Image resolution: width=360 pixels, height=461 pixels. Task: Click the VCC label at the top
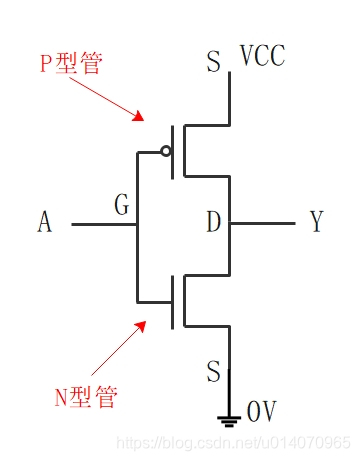[262, 56]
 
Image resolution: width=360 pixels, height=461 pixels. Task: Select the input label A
[44, 223]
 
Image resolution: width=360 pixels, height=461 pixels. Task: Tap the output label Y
[316, 223]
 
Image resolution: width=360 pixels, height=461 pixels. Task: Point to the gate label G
[122, 207]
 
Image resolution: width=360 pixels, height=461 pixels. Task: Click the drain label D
[213, 222]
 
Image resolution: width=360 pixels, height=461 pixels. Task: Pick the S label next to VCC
[213, 63]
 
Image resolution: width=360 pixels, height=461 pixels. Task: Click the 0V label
[262, 410]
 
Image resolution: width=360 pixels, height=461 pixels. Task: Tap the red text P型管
[73, 63]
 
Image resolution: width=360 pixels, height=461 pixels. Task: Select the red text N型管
[85, 397]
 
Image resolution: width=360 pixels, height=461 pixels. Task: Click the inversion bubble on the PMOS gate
[166, 152]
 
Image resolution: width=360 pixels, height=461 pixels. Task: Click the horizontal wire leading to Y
[263, 224]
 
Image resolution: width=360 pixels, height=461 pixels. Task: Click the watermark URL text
[235, 441]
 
